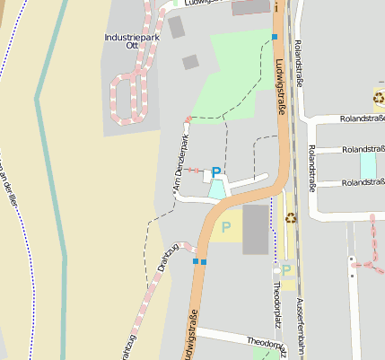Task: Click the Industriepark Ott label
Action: pos(131,40)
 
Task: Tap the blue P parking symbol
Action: pos(215,172)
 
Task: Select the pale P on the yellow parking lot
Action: pos(225,227)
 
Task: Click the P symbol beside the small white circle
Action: pos(286,268)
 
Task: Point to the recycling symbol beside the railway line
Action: pos(291,216)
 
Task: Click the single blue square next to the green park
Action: pos(275,37)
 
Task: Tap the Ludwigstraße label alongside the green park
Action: pos(281,81)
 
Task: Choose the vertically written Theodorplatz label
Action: pos(276,302)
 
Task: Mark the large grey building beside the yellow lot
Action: pos(255,229)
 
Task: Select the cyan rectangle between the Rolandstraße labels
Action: pos(368,166)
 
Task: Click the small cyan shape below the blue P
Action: pos(217,189)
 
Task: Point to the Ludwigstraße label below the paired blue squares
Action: pos(190,334)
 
